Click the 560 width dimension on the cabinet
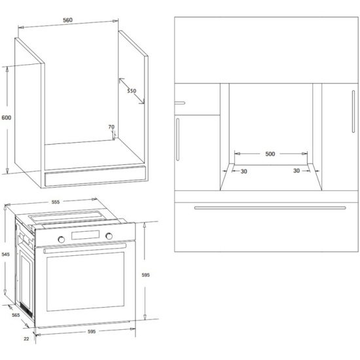67,20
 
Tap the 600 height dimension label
6,118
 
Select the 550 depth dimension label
132,91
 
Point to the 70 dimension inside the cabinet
111,127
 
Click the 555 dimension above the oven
56,202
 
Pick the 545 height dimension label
5,255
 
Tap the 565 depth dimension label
16,315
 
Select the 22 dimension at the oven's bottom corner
26,338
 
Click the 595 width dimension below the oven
92,332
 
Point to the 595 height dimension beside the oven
145,275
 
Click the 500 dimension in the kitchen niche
270,154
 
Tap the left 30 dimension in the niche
244,171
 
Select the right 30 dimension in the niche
297,171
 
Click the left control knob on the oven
62,240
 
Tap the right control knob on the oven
109,236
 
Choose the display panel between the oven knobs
85,235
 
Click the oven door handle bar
84,249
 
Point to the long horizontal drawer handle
270,207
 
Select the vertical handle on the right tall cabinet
353,111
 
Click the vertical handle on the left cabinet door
177,139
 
